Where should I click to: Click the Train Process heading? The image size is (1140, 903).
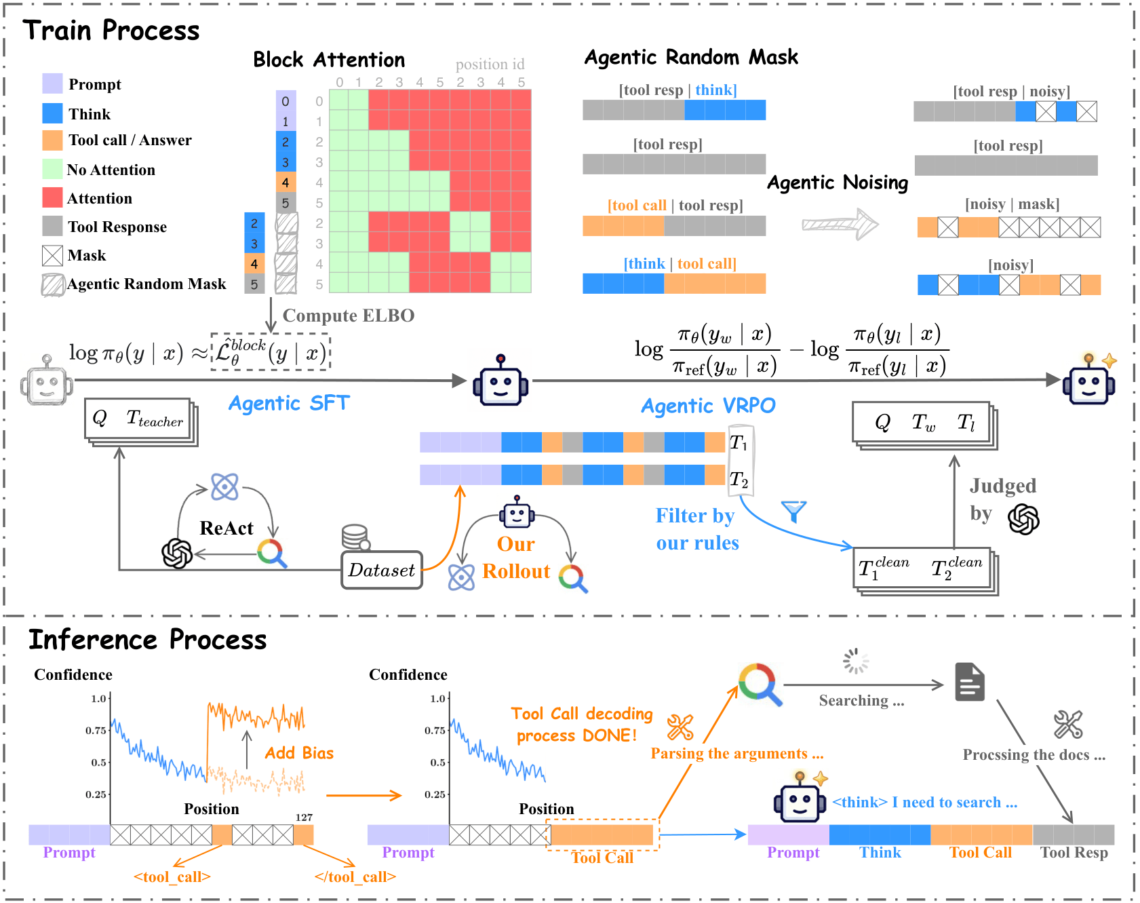point(111,31)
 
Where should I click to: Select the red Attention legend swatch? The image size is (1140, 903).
point(52,198)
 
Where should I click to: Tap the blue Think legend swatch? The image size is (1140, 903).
point(52,113)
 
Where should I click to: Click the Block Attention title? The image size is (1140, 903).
point(329,60)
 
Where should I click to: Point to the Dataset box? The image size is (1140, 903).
point(382,570)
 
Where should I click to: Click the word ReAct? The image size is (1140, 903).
point(226,528)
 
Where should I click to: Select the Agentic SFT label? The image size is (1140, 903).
point(289,403)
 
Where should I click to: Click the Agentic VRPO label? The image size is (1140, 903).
point(708,406)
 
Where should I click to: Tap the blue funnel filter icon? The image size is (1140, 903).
point(793,511)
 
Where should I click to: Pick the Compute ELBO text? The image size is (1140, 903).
point(348,315)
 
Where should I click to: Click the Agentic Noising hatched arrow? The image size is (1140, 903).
point(840,224)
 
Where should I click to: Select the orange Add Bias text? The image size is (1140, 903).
point(299,753)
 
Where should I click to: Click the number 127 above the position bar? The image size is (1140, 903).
point(304,818)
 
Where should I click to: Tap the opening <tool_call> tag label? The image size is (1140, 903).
point(172,877)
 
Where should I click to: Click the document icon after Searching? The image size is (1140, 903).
point(970,682)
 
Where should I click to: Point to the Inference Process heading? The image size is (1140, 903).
point(148,640)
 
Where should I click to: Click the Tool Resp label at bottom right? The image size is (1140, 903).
point(1074,853)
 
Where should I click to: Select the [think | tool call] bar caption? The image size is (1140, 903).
point(680,263)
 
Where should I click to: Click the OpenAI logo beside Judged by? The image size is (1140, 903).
point(1023,519)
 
